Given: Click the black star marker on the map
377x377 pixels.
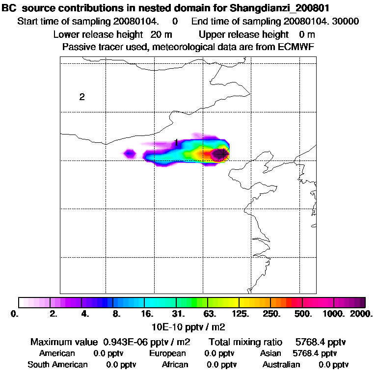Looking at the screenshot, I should (x=222, y=154).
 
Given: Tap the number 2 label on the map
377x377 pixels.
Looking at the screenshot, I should (x=82, y=97).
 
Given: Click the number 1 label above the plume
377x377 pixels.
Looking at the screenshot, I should (x=176, y=142).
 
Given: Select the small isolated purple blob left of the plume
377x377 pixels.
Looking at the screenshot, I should (x=130, y=154).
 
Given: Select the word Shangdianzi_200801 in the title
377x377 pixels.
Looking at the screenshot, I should (x=277, y=8).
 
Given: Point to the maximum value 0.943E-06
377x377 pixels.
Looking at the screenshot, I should (x=130, y=342).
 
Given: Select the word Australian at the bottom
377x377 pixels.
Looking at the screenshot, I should (x=281, y=365).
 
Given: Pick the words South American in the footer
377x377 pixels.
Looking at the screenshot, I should (x=57, y=365).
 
